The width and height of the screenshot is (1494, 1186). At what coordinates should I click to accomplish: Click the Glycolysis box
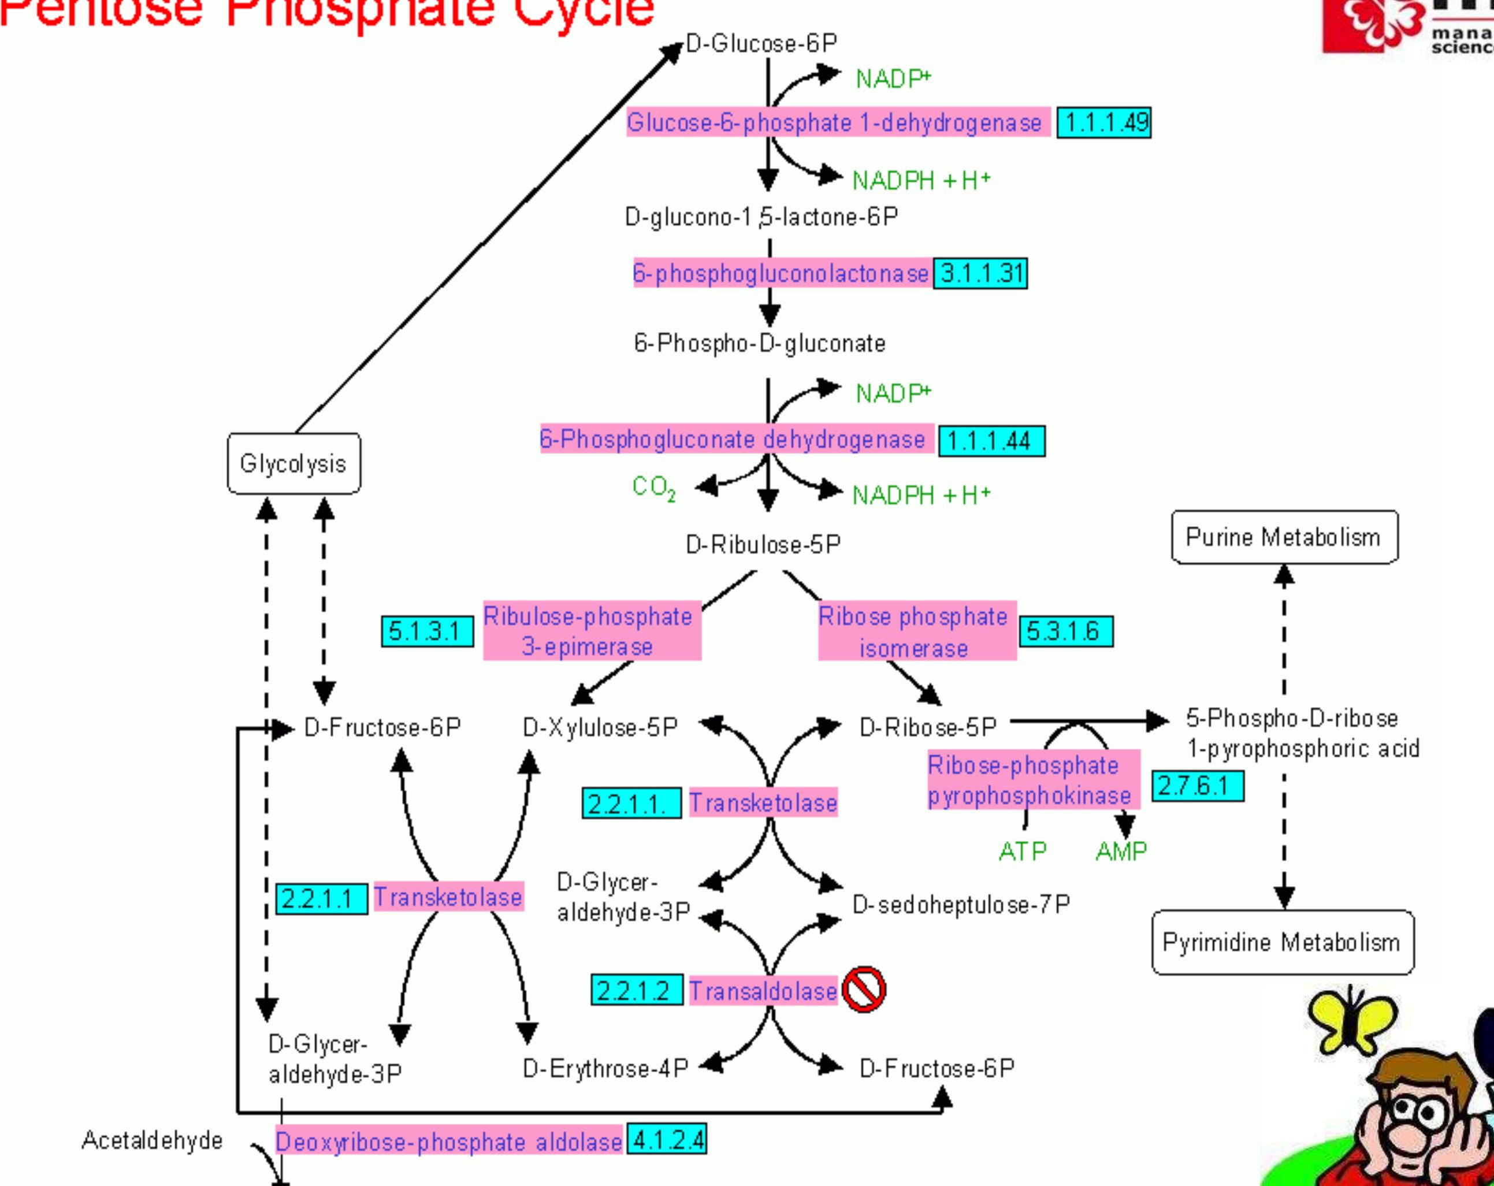[x=294, y=463]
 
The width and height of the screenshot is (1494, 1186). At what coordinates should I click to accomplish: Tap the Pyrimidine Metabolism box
[x=1283, y=942]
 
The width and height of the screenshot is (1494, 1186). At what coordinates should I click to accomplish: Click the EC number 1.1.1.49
[x=1104, y=122]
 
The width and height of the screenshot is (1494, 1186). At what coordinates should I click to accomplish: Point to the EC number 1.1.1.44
[x=991, y=441]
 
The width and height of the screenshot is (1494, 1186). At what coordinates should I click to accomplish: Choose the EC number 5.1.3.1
[x=428, y=631]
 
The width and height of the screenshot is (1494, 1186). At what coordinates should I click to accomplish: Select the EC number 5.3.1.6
[x=1066, y=631]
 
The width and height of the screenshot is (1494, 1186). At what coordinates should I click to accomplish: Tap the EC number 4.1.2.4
[x=667, y=1140]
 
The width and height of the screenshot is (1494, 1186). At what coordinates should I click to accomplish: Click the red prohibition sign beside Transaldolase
[x=864, y=989]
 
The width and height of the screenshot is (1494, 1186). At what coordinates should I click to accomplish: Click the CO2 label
[x=653, y=487]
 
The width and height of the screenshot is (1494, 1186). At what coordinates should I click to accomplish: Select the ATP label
[x=1022, y=851]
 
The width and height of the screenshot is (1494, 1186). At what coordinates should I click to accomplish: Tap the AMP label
[x=1121, y=851]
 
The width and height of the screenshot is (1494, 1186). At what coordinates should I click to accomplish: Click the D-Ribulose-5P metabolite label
[x=763, y=545]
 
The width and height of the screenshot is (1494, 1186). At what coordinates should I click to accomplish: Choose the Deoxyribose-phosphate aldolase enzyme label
[x=449, y=1142]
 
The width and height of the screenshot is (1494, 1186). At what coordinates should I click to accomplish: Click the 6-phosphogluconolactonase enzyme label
[x=781, y=274]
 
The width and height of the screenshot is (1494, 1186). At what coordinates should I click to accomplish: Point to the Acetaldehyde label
[x=153, y=1140]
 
